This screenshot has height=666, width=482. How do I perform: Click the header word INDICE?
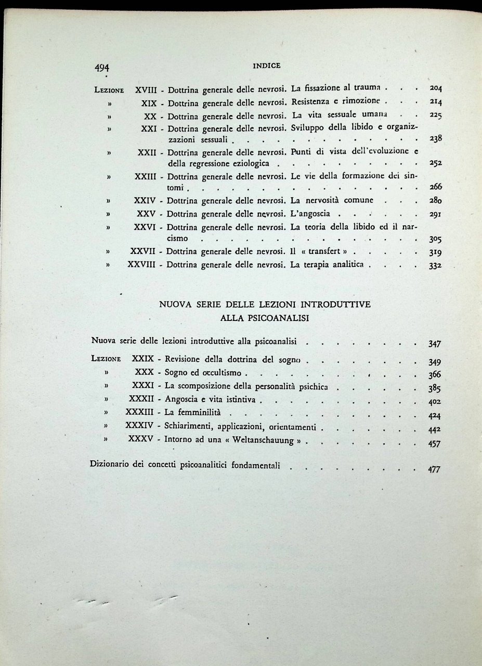(266, 66)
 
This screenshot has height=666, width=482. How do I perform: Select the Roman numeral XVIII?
(146, 89)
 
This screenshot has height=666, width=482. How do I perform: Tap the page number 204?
(433, 88)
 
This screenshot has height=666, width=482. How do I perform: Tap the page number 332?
(433, 266)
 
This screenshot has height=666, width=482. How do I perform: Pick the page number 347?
(434, 344)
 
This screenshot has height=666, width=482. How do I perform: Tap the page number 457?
(434, 444)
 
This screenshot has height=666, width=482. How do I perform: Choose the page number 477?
(434, 469)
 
